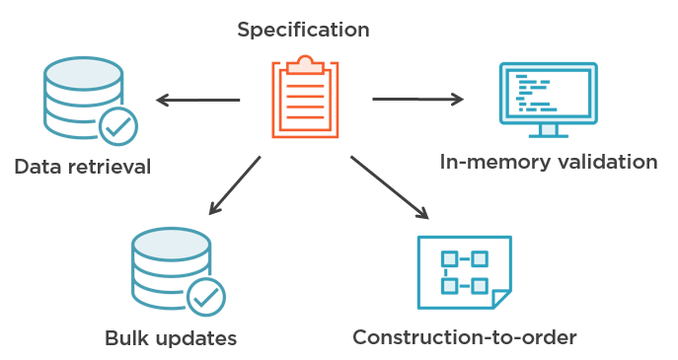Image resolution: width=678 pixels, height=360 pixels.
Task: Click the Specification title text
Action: [x=303, y=30]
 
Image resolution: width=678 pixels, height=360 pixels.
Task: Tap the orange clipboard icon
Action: [x=305, y=99]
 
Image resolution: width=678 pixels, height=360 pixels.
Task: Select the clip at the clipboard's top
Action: [x=305, y=66]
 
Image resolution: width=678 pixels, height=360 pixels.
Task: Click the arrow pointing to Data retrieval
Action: [x=197, y=100]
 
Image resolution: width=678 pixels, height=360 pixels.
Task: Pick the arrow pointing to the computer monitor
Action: [x=417, y=99]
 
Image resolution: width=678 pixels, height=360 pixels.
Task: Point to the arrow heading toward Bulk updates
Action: [x=234, y=185]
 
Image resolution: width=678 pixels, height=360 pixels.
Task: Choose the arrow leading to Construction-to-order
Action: [x=389, y=186]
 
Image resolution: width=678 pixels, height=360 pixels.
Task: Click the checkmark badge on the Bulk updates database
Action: [x=206, y=296]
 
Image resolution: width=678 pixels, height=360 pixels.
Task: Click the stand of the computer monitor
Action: [x=549, y=131]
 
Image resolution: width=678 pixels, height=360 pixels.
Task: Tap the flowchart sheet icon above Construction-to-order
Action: [x=464, y=271]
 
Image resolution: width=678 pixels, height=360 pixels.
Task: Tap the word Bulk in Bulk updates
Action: [x=126, y=338]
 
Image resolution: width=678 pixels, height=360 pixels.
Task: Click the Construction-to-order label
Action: [x=464, y=337]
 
